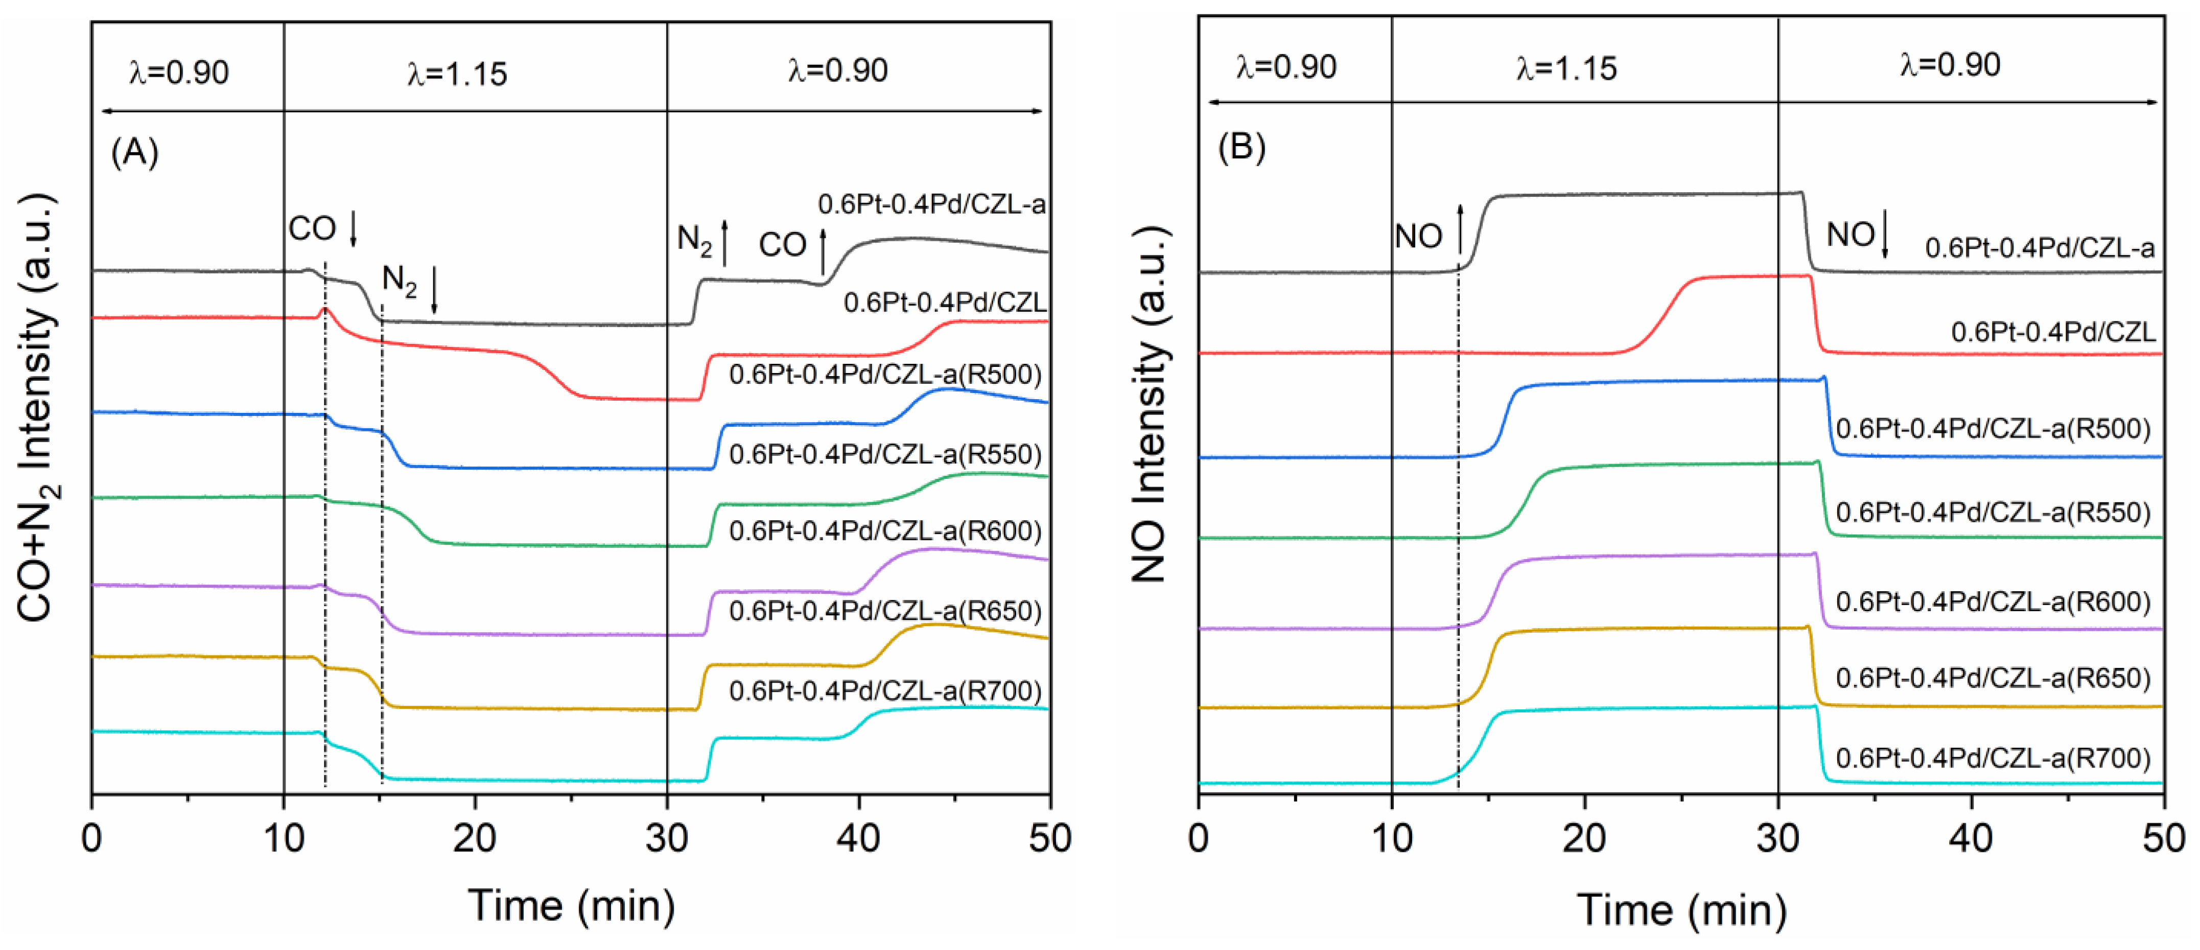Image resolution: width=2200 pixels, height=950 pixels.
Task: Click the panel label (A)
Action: [135, 152]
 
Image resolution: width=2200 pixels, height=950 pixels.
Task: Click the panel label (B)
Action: [1241, 147]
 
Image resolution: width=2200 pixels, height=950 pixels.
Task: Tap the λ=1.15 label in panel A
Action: [457, 74]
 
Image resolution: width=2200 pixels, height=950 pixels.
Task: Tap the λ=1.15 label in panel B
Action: [1566, 68]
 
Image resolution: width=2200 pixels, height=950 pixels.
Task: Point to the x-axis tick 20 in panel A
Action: [474, 839]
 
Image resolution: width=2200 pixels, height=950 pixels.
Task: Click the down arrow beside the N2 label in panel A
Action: [435, 290]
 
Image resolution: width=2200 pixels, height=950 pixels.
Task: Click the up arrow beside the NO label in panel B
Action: [1460, 229]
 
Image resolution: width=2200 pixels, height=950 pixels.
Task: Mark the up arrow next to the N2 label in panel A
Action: [725, 242]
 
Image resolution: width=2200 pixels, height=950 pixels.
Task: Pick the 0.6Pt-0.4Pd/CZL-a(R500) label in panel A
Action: [885, 374]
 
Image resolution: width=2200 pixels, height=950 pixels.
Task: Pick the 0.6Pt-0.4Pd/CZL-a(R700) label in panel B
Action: [1993, 758]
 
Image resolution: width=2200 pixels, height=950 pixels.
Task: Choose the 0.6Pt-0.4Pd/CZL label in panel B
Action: [2052, 332]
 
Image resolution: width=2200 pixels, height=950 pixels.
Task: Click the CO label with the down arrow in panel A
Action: [313, 229]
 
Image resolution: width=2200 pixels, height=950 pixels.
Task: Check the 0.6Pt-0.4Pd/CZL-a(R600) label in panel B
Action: [1993, 601]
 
